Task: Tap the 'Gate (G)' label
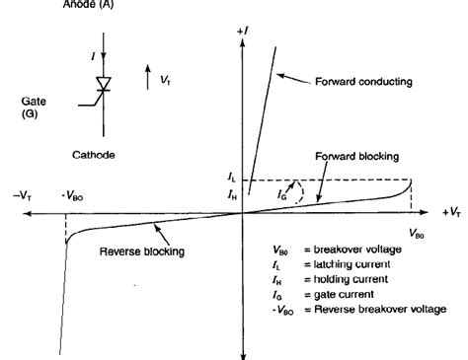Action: tap(35, 108)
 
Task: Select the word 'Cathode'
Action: tap(95, 155)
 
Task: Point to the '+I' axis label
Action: tap(242, 33)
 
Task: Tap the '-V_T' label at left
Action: tap(22, 194)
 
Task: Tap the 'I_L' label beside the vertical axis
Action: tap(231, 178)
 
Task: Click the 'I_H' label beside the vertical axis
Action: tap(231, 194)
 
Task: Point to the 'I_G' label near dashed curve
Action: tap(284, 195)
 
